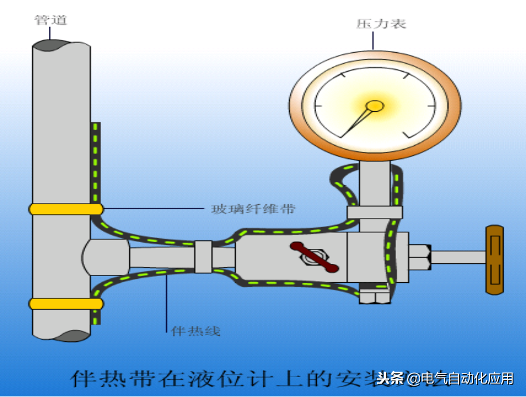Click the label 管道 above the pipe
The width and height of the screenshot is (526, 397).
coord(51,20)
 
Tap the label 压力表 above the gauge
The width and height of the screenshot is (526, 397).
coord(374,24)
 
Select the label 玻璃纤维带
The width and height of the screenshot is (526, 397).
coord(253,209)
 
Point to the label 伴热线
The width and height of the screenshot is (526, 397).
coord(195,331)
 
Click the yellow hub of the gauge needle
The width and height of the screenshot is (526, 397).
coord(375,106)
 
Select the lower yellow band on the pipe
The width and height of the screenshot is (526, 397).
coord(66,303)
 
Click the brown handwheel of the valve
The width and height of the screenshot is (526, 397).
coord(494,259)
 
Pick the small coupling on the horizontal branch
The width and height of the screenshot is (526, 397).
coord(204,256)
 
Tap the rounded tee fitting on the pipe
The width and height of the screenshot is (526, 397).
coord(106,257)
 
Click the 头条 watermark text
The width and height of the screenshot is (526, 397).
coord(391,379)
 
